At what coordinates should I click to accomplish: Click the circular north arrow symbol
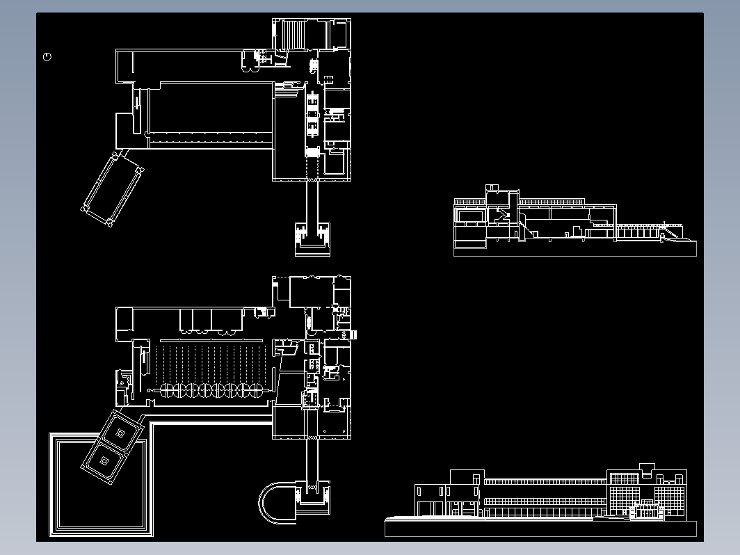pos(47,57)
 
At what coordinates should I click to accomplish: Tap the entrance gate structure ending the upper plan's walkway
pos(312,237)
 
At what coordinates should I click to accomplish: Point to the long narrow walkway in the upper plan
pos(312,202)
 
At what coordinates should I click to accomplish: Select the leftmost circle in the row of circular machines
pos(168,391)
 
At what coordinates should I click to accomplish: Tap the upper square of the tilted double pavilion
pos(120,433)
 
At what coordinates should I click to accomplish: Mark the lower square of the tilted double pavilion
pos(105,460)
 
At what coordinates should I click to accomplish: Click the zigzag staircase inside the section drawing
pos(502,216)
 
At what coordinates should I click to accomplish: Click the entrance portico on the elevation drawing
pos(645,511)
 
